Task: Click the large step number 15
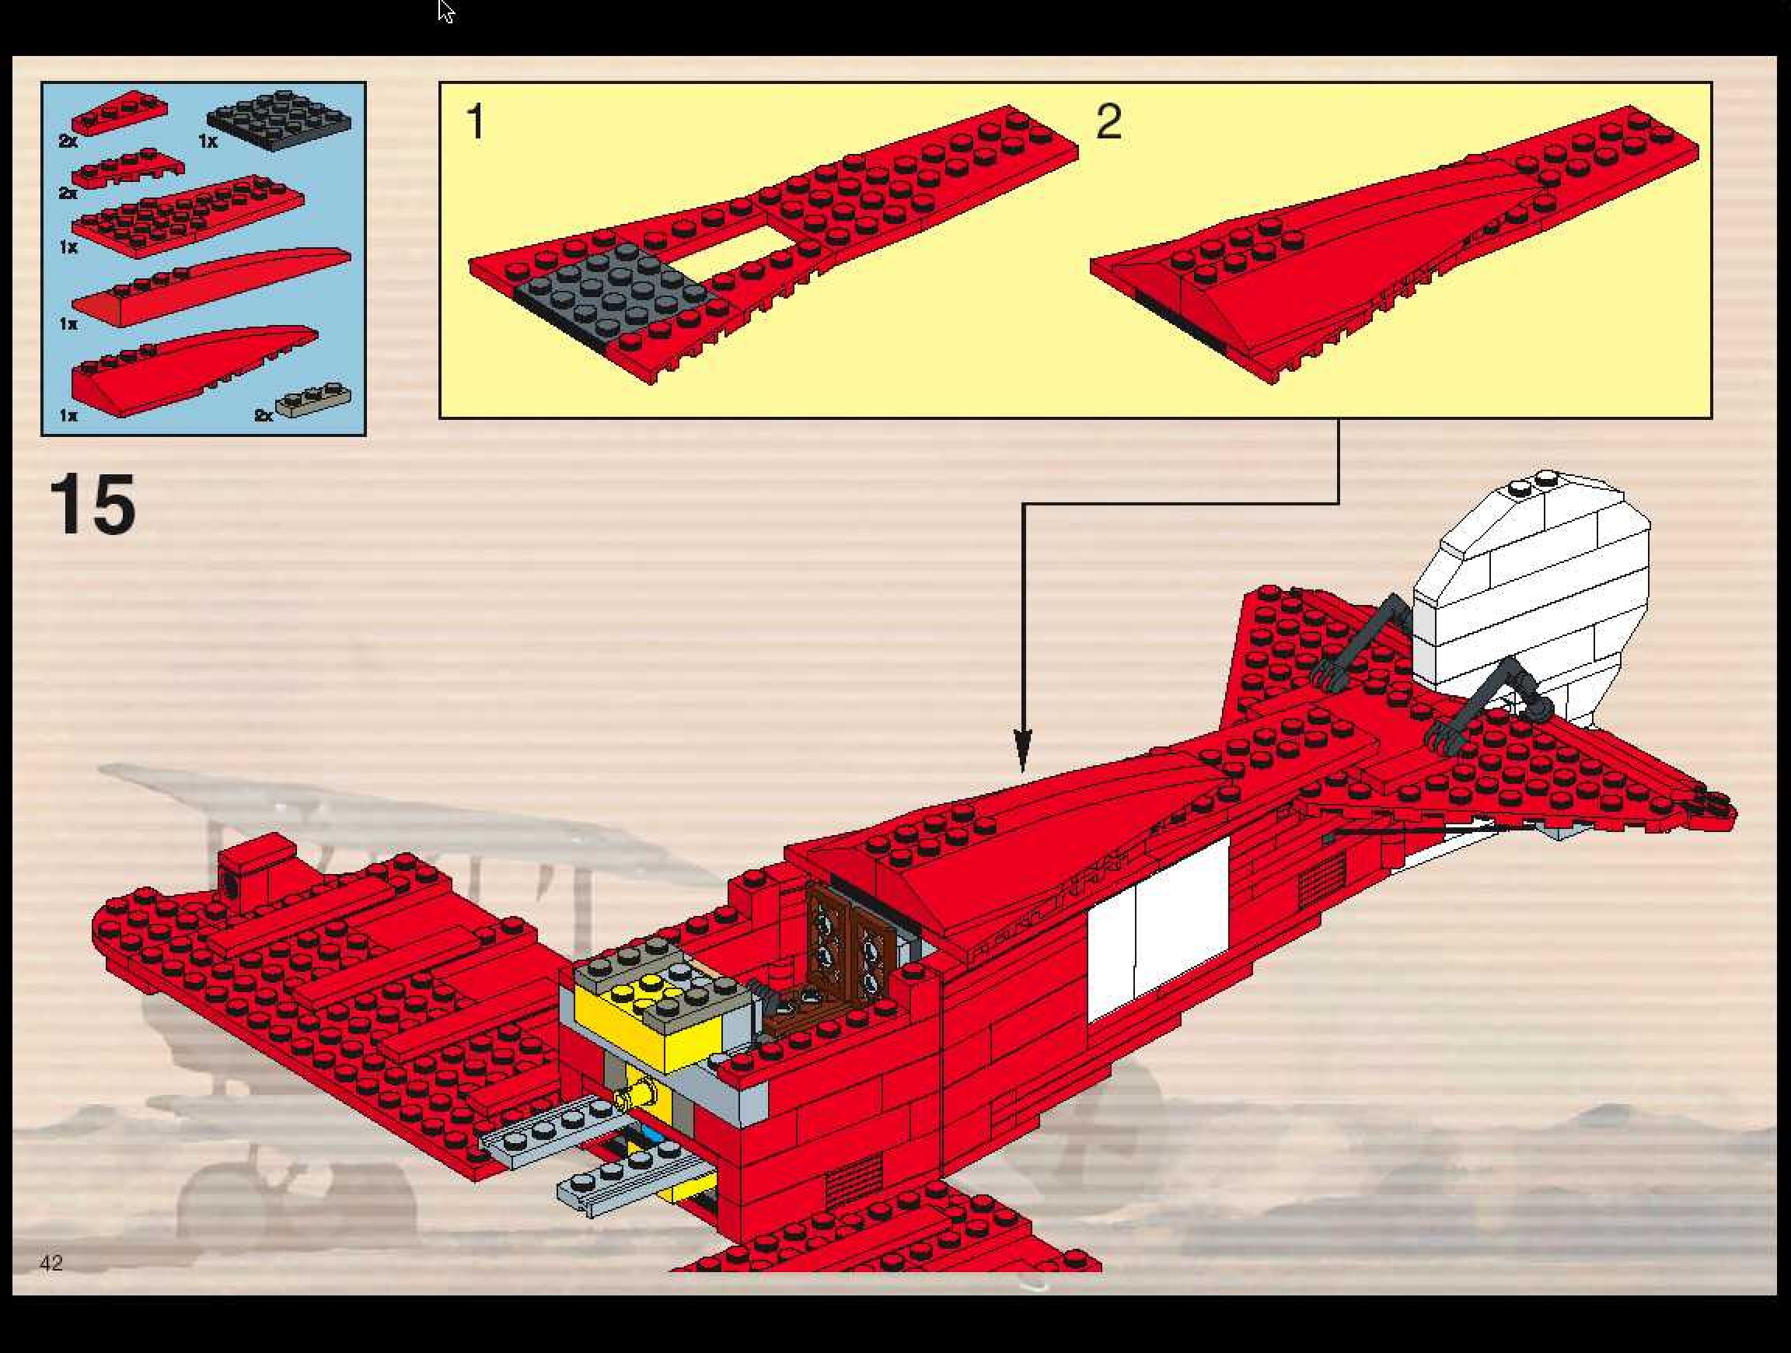click(93, 505)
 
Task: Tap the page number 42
click(51, 1262)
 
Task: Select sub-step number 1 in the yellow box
click(475, 123)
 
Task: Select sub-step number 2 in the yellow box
click(1108, 123)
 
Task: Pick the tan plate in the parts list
click(314, 398)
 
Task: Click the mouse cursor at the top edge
click(445, 11)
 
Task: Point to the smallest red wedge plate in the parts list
click(119, 114)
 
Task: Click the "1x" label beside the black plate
click(208, 141)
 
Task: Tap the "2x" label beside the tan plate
click(264, 415)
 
